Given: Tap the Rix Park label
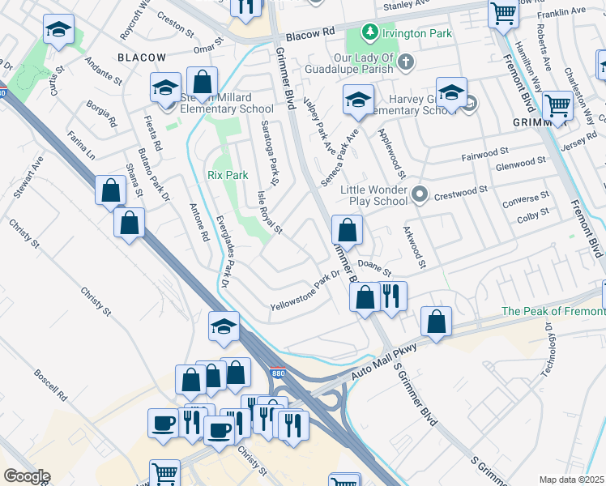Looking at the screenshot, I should point(222,174).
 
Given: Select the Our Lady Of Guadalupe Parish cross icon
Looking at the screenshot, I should point(407,62).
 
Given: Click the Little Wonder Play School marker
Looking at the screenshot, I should point(419,194).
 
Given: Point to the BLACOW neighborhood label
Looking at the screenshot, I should point(142,58).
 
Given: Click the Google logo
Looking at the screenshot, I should point(27,476).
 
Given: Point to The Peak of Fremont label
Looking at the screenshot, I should point(553,311).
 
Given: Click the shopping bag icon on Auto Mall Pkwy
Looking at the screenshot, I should point(436,322).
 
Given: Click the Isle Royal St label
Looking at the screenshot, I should point(269,212).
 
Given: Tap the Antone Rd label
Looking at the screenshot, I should point(199,224).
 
